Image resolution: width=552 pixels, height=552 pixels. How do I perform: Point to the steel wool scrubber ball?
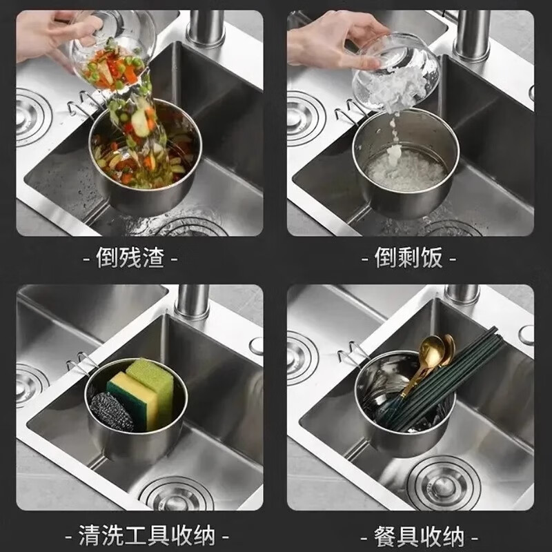(110, 411)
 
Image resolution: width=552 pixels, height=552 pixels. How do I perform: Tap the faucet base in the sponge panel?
(193, 304)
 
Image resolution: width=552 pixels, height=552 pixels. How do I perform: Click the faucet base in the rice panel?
(473, 34)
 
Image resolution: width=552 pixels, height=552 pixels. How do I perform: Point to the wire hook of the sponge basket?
(79, 362)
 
